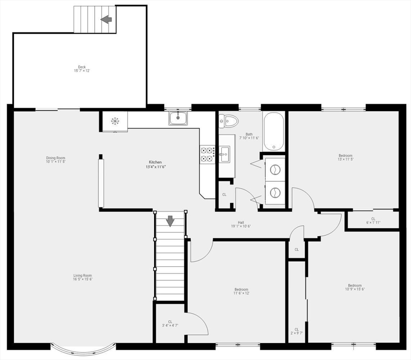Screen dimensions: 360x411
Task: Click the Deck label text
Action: [x=82, y=68]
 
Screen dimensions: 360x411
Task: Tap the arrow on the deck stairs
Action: [x=106, y=19]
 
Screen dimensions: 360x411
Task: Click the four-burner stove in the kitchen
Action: [x=208, y=154]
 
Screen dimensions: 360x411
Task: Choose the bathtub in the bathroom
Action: [x=273, y=131]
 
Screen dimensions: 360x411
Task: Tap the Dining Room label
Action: [x=56, y=159]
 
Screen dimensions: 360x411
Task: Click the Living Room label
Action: [x=82, y=277]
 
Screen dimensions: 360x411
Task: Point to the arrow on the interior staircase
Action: [x=170, y=220]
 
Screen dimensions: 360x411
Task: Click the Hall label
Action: [x=240, y=224]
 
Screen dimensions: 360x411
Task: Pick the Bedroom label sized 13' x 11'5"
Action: [x=345, y=157]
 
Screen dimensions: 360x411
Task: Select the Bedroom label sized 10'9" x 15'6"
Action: [x=354, y=287]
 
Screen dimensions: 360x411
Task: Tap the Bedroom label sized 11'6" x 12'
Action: [x=241, y=291]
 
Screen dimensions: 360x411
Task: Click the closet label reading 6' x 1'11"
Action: [x=373, y=220]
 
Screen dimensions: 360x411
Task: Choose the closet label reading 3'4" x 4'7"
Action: [x=170, y=323]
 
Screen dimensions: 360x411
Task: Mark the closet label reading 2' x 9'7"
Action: [x=297, y=331]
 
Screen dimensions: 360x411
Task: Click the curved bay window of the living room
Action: [x=83, y=349]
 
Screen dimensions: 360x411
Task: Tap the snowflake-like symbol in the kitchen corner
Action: [x=115, y=121]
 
